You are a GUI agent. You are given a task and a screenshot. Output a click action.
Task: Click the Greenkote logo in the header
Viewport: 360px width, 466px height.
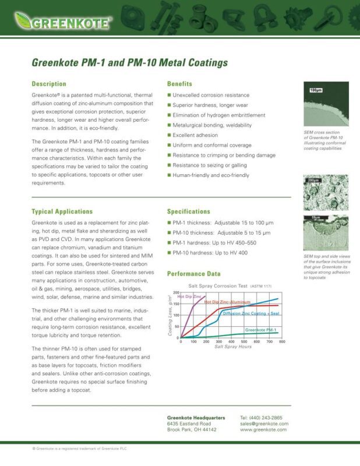tap(63, 23)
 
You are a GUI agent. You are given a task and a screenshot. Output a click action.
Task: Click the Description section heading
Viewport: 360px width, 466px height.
tap(49, 84)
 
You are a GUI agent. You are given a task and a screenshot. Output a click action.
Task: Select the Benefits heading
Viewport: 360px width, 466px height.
tap(179, 84)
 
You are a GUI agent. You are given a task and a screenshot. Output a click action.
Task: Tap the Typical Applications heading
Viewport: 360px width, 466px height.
tap(62, 211)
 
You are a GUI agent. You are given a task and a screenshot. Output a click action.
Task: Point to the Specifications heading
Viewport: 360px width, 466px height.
tap(189, 211)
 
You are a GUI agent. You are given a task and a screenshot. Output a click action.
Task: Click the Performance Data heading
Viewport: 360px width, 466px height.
tap(193, 273)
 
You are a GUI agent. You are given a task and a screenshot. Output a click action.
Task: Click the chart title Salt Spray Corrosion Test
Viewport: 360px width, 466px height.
tap(219, 286)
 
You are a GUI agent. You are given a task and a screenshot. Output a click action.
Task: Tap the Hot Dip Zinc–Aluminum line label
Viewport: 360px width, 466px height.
tap(227, 302)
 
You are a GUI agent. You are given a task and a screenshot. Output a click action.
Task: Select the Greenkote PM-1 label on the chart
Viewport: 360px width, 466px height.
tap(260, 330)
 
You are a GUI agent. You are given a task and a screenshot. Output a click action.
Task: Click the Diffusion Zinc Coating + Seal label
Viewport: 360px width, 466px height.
tap(250, 313)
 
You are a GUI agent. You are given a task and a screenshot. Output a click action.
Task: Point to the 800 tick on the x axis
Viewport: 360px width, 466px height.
tap(281, 342)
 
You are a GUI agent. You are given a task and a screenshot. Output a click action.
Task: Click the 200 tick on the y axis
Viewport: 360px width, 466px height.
tap(177, 292)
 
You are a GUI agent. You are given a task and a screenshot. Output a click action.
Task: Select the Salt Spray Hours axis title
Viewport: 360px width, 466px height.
tap(232, 347)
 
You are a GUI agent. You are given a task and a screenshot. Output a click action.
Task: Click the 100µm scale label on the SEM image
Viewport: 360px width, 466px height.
tap(315, 91)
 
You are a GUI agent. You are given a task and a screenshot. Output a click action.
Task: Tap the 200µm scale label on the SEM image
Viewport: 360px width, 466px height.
tap(313, 181)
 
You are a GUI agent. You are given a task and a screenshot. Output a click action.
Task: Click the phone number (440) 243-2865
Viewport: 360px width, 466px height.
tap(260, 418)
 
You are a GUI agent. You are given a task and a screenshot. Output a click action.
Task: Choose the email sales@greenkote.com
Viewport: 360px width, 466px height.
tap(264, 423)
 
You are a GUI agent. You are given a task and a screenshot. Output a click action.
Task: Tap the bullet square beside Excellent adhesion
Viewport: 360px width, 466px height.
tap(169, 135)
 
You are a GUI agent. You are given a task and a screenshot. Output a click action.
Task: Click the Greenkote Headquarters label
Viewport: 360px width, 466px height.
tap(196, 418)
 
